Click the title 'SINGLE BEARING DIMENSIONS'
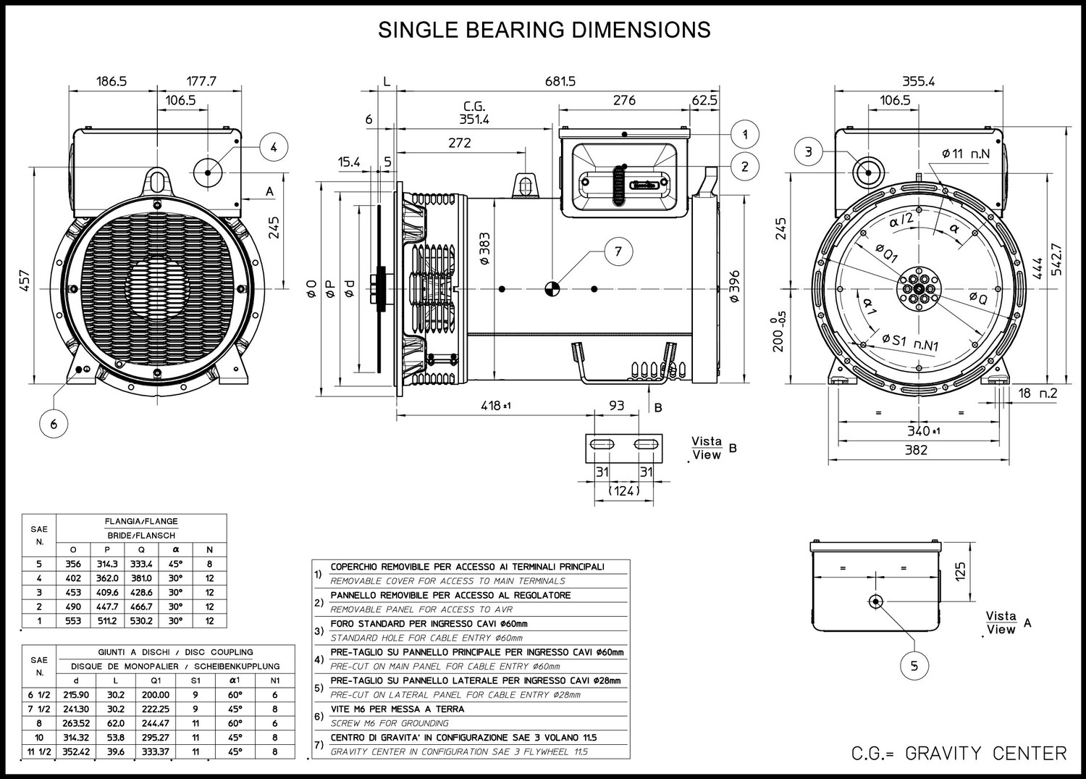[544, 30]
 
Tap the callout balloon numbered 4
[274, 147]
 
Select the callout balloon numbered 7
[618, 251]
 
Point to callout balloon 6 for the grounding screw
[54, 424]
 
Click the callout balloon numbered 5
[914, 665]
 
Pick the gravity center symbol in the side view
[552, 289]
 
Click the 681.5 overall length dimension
[560, 81]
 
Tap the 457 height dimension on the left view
[25, 280]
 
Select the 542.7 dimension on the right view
[1057, 259]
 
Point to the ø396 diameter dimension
[735, 287]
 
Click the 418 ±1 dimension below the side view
[495, 405]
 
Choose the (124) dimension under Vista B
[624, 491]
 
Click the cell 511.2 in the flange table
[107, 621]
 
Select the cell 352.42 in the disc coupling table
[76, 751]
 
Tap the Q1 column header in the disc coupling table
[156, 680]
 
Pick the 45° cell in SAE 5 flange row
[175, 564]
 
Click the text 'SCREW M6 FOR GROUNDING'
[390, 723]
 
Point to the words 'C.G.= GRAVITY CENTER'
[959, 754]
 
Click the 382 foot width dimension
[916, 450]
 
